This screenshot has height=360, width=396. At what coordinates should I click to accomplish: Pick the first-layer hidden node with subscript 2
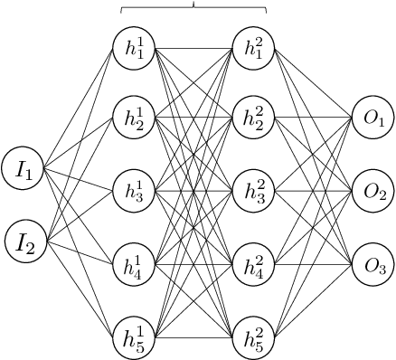[x=135, y=120]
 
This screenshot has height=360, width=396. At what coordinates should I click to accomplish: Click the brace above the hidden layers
[x=194, y=8]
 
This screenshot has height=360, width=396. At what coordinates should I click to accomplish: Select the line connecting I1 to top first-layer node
[x=80, y=108]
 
